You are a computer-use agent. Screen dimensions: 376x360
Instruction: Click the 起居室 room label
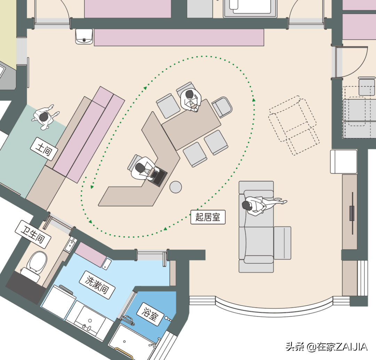pos(208,217)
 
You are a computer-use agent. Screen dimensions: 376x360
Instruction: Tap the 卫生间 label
pos(33,234)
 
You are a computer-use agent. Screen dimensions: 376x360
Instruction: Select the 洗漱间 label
pos(97,285)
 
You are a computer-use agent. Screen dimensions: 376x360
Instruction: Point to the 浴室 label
pos(150,314)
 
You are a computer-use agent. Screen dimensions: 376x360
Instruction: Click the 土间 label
pos(44,149)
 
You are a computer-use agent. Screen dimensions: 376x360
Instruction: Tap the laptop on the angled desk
pos(158,176)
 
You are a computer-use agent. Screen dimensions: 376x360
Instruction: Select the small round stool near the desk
pos(175,187)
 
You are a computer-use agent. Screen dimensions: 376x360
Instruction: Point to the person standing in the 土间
pos(45,117)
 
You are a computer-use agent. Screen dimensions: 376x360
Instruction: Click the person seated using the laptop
pos(144,168)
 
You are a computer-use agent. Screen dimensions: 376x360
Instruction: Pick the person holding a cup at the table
pos(191,100)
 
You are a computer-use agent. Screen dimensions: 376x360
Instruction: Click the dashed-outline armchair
pos(294,125)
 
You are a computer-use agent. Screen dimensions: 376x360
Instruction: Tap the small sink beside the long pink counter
pos(84,37)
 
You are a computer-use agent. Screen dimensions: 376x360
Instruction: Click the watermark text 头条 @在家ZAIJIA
pos(326,347)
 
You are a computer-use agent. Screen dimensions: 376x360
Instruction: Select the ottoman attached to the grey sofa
pos(282,243)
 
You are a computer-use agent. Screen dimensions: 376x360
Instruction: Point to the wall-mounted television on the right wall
pos(352,213)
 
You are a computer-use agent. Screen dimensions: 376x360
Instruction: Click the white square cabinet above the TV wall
pos(343,161)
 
